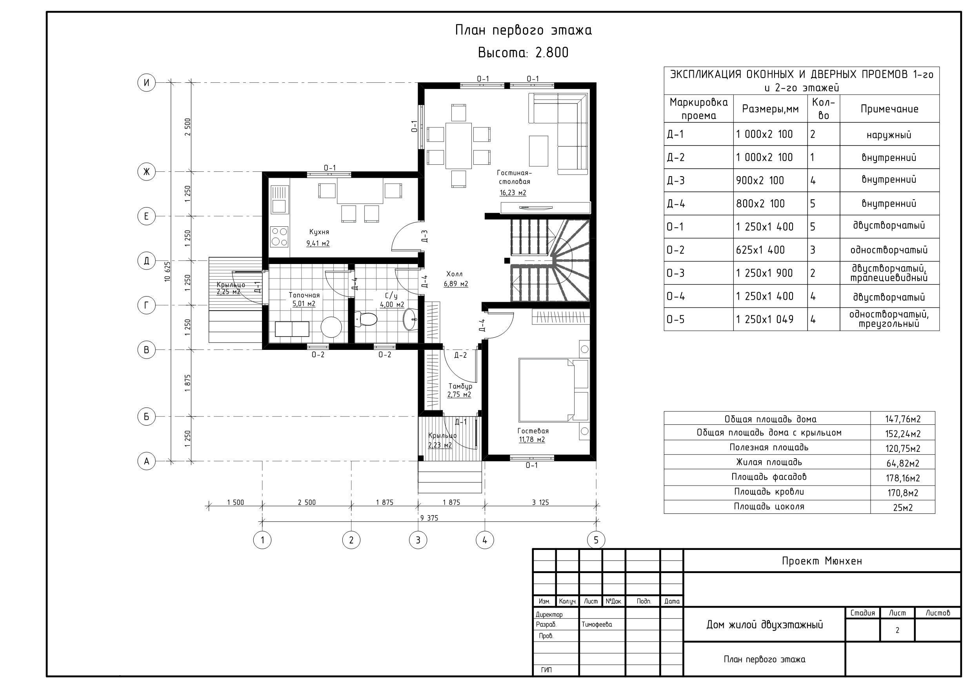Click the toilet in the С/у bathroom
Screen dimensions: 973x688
click(x=366, y=319)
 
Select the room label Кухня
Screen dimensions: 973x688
click(x=319, y=232)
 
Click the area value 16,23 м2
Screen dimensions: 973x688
click(x=513, y=193)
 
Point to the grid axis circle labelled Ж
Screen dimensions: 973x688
click(x=147, y=172)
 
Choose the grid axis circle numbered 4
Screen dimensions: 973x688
click(x=485, y=540)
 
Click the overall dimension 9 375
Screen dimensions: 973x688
click(x=429, y=518)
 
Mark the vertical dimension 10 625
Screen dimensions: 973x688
click(x=167, y=271)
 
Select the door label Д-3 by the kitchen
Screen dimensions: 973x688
click(x=425, y=236)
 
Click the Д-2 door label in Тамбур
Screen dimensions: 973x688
click(x=460, y=355)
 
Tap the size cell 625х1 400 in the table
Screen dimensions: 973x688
click(x=760, y=250)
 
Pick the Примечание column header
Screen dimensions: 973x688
click(x=889, y=109)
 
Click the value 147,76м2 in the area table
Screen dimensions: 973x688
click(x=903, y=419)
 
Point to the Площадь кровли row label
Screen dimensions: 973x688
click(x=769, y=492)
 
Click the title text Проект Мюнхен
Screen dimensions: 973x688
click(x=822, y=561)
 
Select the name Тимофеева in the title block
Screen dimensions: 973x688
click(x=597, y=624)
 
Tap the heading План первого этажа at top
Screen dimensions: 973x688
click(x=524, y=31)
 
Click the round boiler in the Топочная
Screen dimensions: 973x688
click(x=331, y=327)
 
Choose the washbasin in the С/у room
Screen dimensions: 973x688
click(x=410, y=319)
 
